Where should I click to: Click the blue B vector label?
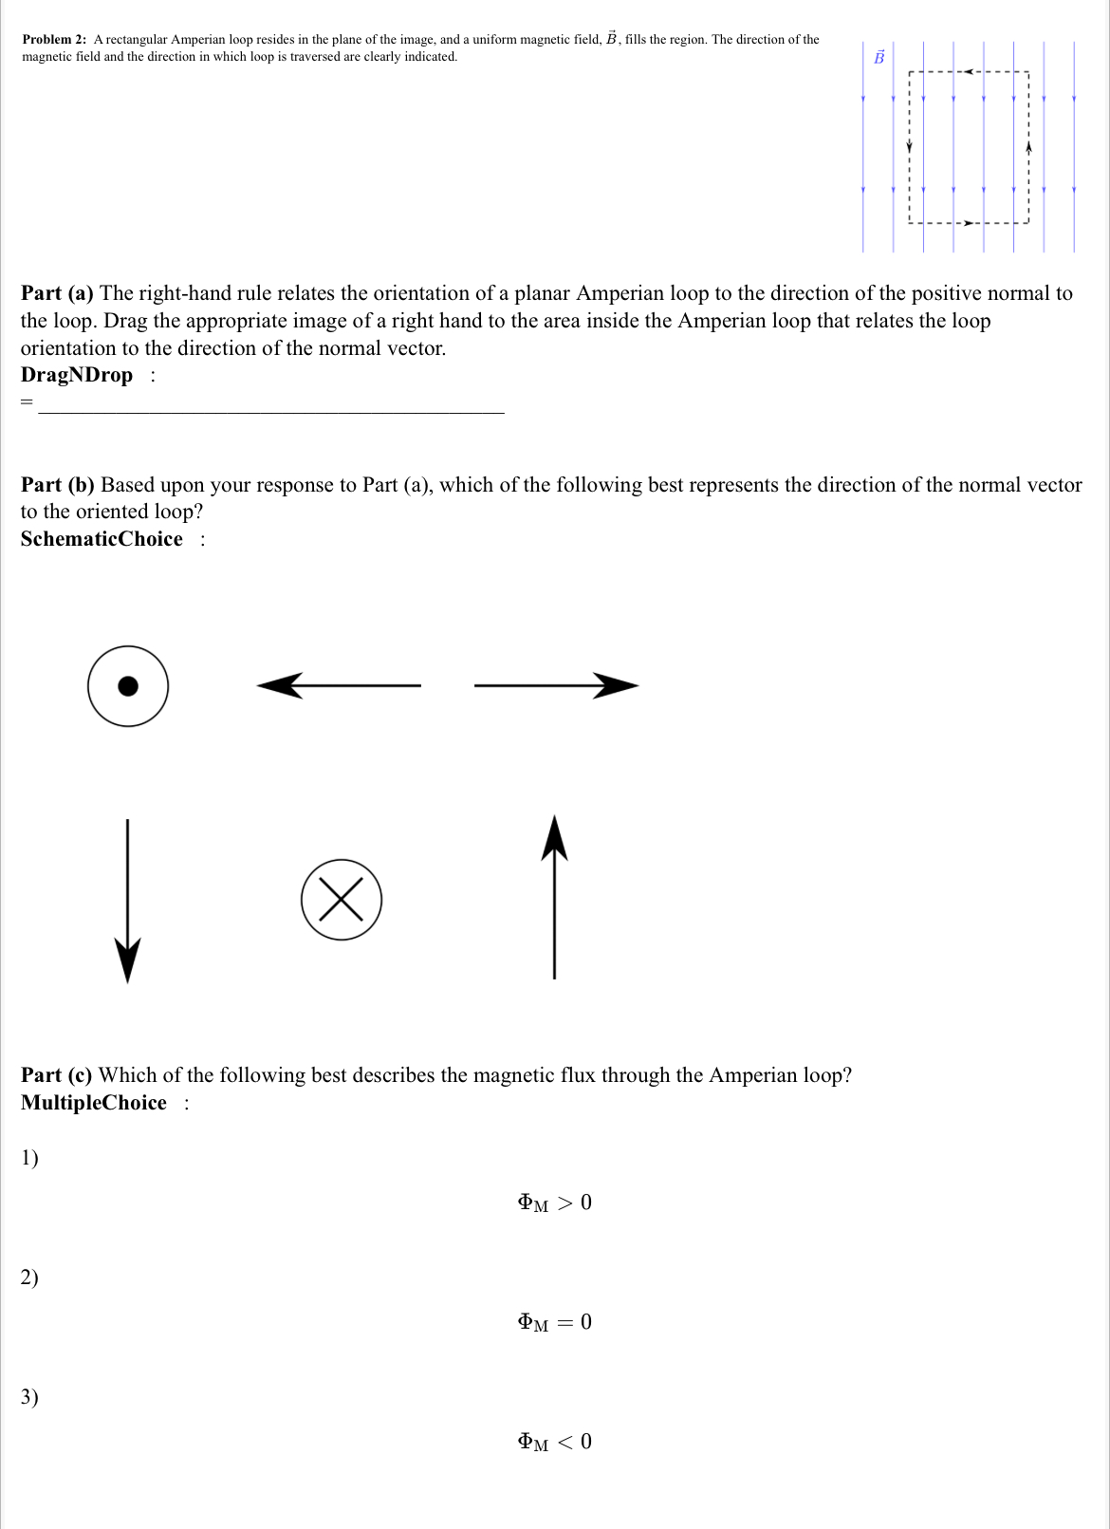pos(879,58)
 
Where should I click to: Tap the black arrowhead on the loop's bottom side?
pos(969,223)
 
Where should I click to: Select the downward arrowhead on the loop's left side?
pos(909,147)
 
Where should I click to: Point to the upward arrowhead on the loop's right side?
pos(1028,147)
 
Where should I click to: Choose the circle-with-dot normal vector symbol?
pos(128,686)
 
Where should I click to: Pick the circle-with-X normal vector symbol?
pos(342,900)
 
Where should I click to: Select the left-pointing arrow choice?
pos(339,685)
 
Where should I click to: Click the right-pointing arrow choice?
pos(556,685)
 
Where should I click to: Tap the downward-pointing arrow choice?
pos(128,902)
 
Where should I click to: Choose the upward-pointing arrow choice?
pos(554,896)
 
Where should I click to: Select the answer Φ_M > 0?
pos(554,1203)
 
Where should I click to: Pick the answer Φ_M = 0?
pos(554,1322)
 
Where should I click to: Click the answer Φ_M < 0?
pos(554,1442)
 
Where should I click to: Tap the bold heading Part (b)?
pos(58,485)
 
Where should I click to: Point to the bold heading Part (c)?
pos(57,1075)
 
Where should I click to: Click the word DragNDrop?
pos(77,375)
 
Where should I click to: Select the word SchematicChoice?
pos(102,539)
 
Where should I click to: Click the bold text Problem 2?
pos(54,40)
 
